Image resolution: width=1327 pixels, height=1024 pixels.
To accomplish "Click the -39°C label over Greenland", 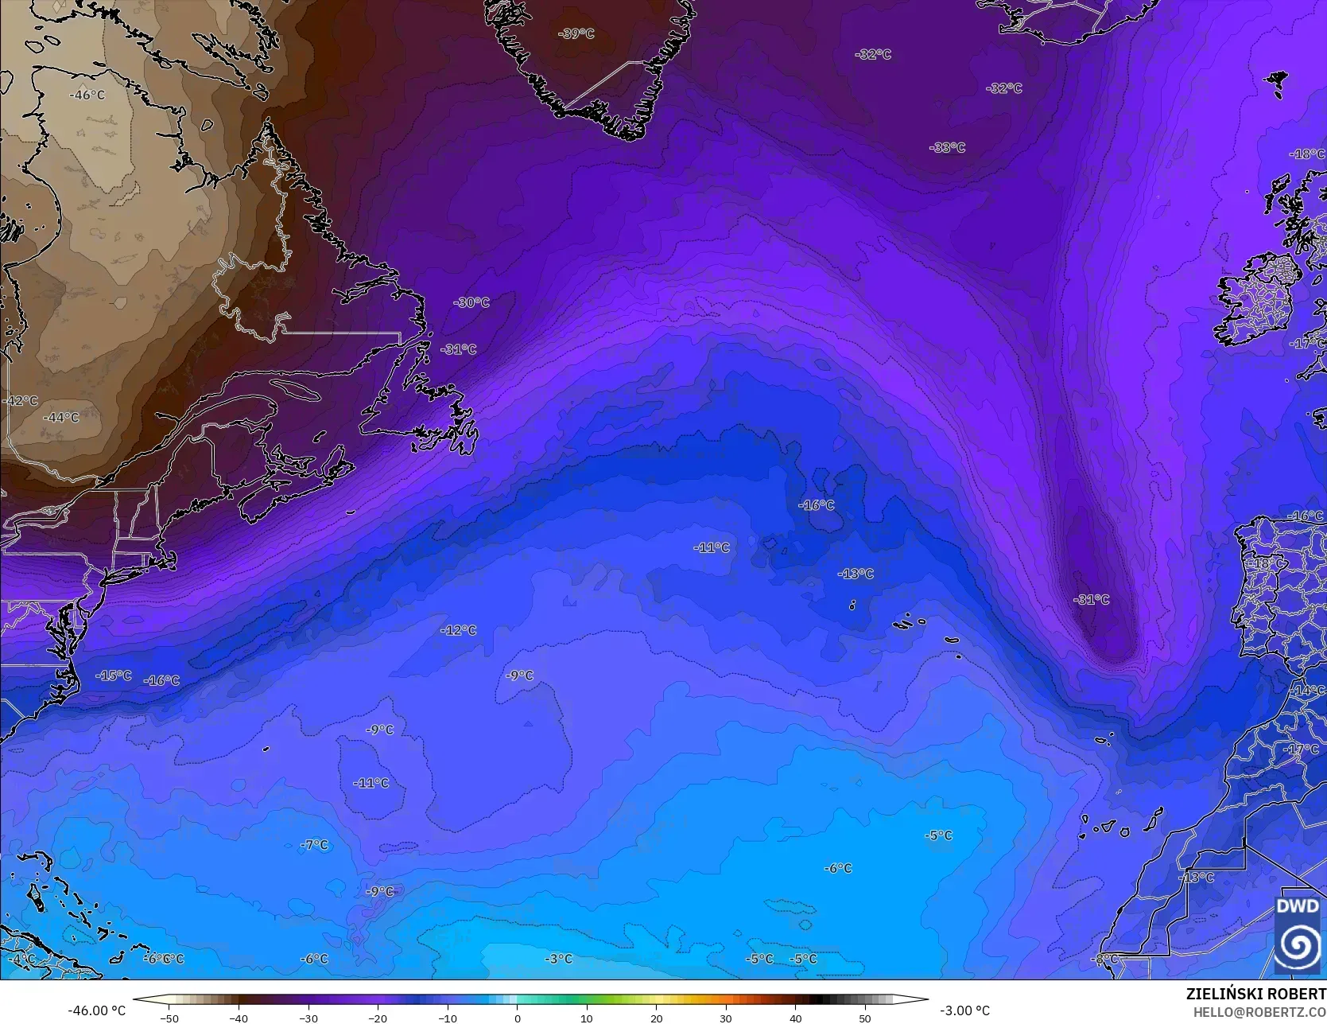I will [576, 33].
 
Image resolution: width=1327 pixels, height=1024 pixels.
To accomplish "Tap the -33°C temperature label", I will [947, 147].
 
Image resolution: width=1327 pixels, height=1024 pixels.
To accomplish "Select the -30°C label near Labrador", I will [471, 302].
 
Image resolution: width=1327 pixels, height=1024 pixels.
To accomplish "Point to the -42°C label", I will [20, 400].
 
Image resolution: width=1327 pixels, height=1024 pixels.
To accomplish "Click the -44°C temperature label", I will [61, 417].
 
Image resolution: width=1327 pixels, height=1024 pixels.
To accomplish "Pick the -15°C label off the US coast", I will [114, 676].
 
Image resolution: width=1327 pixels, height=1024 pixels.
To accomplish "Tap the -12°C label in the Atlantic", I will [459, 630].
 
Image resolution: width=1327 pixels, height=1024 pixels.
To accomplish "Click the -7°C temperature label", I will [314, 844].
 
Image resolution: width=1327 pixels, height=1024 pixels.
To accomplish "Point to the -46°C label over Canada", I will [87, 95].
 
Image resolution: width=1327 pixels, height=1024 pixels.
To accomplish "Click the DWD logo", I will [1298, 934].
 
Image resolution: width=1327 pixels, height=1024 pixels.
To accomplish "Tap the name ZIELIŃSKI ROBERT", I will [1255, 994].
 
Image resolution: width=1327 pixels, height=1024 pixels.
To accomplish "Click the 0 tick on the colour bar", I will [517, 1018].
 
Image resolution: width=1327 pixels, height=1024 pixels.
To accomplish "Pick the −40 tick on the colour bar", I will [239, 1018].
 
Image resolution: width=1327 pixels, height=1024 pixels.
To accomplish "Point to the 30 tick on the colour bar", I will [726, 1018].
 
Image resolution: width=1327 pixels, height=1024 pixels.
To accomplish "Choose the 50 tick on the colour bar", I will [865, 1018].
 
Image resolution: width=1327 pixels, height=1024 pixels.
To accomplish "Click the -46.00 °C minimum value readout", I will [97, 1010].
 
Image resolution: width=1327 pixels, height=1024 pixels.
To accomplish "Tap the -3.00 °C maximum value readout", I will [964, 1010].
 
